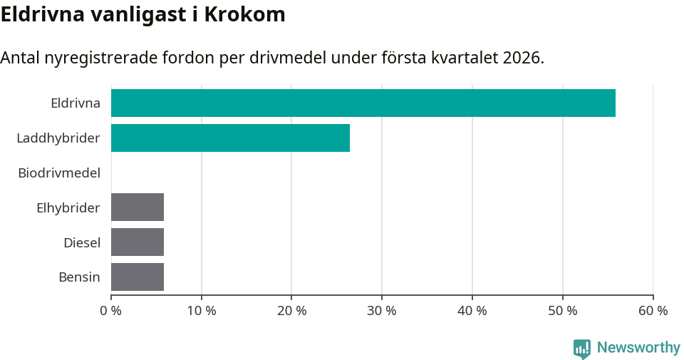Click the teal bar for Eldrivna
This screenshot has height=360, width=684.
tap(363, 103)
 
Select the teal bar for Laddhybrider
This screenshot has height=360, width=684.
tap(230, 138)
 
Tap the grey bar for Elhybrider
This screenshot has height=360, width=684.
tap(138, 207)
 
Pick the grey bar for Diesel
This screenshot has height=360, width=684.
tap(138, 242)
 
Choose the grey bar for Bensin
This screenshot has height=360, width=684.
tap(138, 277)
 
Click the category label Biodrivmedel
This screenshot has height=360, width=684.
tap(59, 173)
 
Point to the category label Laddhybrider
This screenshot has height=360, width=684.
tap(58, 138)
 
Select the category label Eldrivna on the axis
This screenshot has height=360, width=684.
tap(76, 103)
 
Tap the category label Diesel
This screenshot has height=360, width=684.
tap(82, 242)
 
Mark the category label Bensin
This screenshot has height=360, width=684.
tap(79, 277)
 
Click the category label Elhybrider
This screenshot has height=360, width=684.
tap(68, 207)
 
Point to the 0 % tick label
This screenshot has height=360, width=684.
tap(111, 311)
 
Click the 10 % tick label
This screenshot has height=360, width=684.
tap(202, 311)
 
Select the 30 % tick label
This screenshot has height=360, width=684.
tap(382, 311)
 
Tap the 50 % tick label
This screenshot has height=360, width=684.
tap(563, 311)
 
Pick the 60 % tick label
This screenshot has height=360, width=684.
tap(653, 311)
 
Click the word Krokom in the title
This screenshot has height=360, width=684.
tap(244, 14)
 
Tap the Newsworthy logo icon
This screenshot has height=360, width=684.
tap(582, 348)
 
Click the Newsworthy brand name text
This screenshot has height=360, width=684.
tap(638, 348)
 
